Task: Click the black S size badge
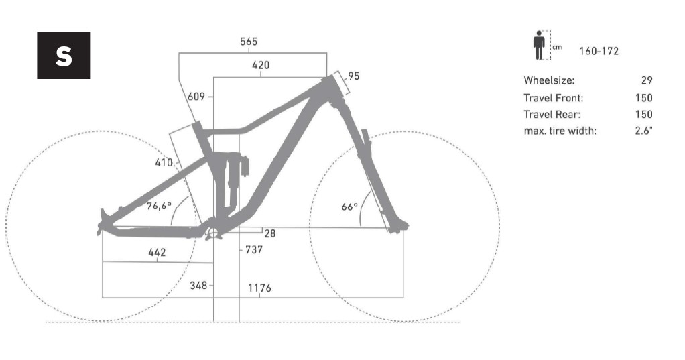tap(64, 56)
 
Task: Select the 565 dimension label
tap(249, 42)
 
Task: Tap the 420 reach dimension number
tap(261, 65)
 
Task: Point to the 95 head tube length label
tap(354, 76)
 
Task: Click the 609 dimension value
tap(196, 96)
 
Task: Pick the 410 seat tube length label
tap(164, 162)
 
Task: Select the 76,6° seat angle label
tap(159, 205)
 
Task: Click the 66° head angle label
tap(349, 206)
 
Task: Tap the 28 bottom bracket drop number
tap(270, 234)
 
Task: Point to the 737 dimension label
tap(254, 250)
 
